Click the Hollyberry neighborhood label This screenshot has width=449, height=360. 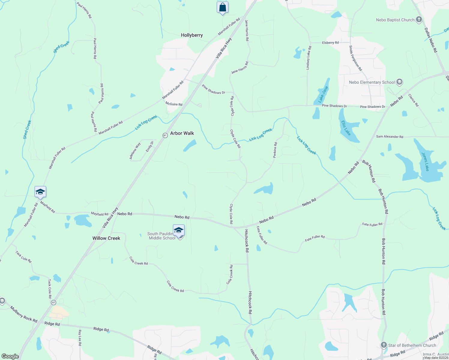(192, 35)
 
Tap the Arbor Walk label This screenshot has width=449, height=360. (182, 133)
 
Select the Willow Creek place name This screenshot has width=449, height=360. (106, 238)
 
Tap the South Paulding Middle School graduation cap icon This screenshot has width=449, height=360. (179, 230)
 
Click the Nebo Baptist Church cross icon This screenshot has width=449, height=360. (419, 20)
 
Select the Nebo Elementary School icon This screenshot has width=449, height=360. (399, 82)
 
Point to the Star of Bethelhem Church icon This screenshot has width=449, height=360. (384, 345)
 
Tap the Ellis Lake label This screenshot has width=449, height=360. (346, 128)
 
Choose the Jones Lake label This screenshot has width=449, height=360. (425, 162)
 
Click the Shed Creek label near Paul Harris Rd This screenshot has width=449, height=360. (62, 47)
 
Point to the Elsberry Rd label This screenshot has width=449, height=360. (330, 43)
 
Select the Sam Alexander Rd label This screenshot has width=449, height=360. (390, 136)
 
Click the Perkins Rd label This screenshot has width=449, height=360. (275, 150)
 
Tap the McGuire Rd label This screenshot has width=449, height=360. (174, 104)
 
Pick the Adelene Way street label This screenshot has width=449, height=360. (135, 151)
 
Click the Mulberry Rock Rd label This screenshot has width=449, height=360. (24, 314)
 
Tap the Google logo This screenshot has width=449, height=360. (10, 356)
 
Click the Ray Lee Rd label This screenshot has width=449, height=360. (80, 337)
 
